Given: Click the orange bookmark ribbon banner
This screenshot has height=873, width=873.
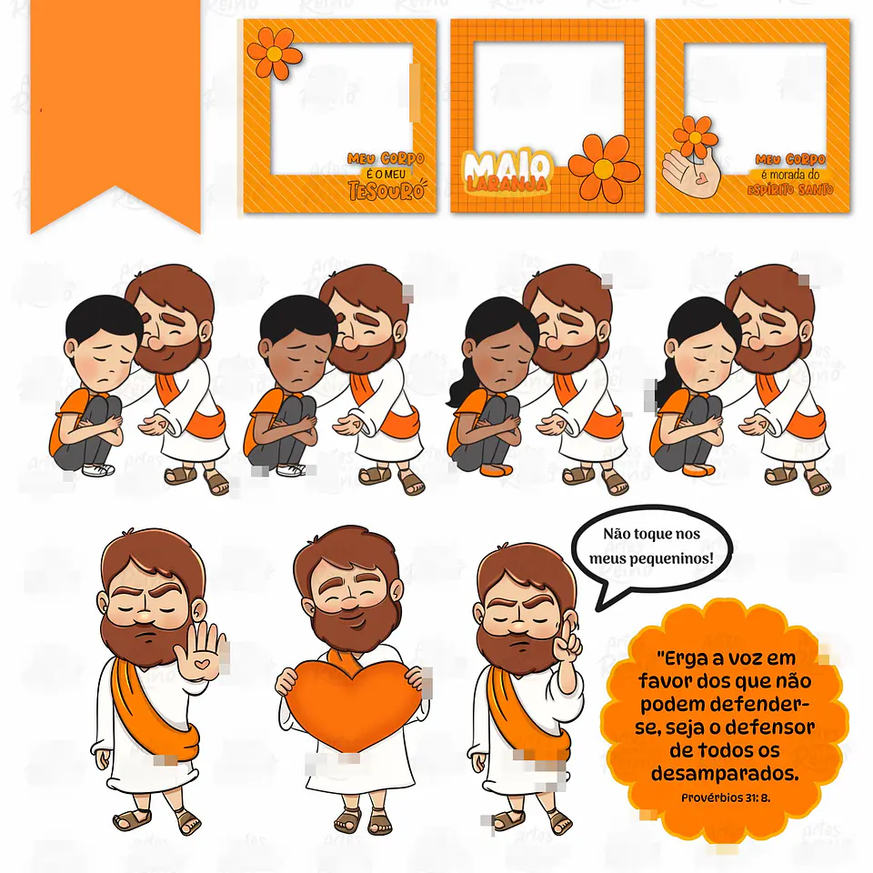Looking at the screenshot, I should coord(115,100).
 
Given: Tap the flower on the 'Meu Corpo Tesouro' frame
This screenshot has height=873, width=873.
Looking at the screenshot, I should coord(274,53).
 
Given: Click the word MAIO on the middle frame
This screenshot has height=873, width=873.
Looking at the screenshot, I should coord(507,166).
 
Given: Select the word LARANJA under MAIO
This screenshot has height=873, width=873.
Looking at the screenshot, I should coord(507,185).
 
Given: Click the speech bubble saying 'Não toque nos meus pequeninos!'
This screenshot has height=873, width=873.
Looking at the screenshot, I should coord(651,547).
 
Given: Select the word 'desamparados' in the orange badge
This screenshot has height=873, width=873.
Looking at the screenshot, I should coord(724,774).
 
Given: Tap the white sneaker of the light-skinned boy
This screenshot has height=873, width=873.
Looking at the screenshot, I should coord(97,469).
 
